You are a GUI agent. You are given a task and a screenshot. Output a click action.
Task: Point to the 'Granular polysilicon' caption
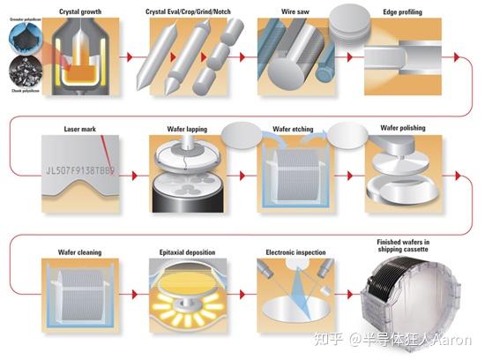click(22, 15)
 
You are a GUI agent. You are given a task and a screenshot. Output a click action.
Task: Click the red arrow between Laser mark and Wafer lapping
click(131, 175)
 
